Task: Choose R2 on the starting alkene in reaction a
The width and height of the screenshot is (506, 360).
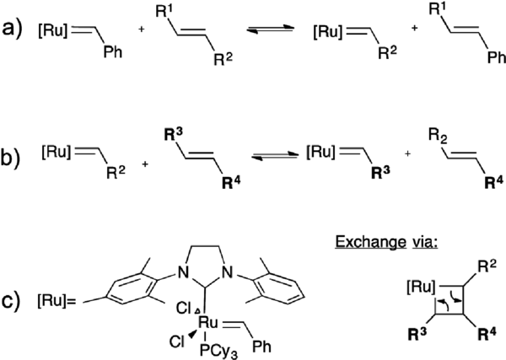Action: [223, 70]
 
